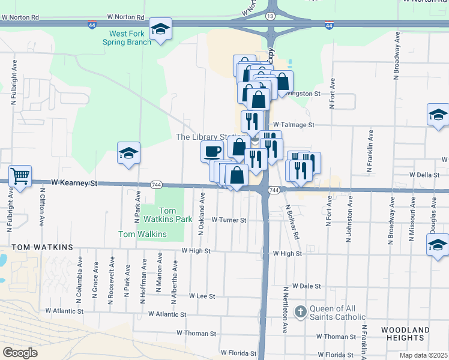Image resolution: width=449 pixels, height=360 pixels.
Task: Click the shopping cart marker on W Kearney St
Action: pos(20,176)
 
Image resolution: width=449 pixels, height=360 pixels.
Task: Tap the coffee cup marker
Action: pos(212,151)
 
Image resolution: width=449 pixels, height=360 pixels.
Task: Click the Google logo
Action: pos(20,353)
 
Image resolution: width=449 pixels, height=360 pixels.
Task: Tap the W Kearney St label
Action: pos(74,181)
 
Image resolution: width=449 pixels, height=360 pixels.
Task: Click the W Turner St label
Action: pos(229,220)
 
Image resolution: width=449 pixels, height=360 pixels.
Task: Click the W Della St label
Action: pos(425,175)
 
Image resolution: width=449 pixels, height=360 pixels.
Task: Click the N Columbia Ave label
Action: pos(79,277)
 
